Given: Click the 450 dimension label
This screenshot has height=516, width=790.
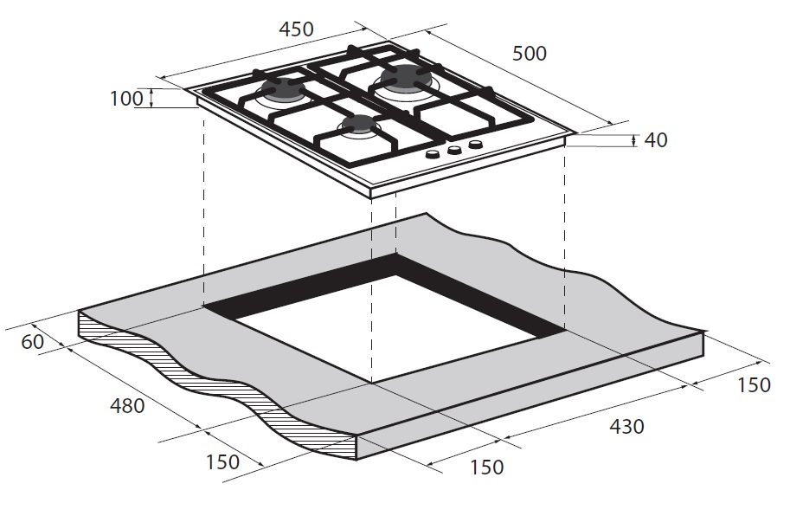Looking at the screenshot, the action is pos(296,29).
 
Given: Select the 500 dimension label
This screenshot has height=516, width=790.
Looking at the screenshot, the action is pos(530,54).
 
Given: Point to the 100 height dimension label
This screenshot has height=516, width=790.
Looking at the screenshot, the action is pos(127,98).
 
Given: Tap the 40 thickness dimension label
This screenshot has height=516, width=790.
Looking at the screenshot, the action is pos(656,140).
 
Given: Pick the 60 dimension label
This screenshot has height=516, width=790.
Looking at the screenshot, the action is pos(33,342).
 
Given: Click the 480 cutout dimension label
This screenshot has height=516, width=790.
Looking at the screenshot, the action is pos(127,405).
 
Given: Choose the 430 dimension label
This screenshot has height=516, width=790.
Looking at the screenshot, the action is pos(626,426).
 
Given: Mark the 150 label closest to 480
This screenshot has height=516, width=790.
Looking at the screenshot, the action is pos(222,461).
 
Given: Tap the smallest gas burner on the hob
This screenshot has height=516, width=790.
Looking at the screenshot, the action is pos(359,125).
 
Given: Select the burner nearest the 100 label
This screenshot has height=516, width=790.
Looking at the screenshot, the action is pos(283,90).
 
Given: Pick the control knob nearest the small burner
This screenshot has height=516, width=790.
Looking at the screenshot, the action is pos(433,155).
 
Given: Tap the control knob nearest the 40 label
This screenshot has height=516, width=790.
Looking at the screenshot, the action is pos(475,145).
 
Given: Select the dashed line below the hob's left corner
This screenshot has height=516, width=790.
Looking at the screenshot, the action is pos(203,207).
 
